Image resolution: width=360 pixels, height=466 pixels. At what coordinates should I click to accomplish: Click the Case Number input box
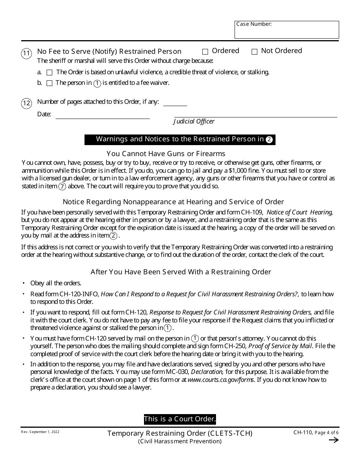pyautogui.click(x=286, y=30)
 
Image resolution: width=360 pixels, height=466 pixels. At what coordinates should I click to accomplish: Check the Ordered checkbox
pyautogui.click(x=205, y=52)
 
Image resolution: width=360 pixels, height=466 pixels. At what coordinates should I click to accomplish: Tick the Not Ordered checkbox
pyautogui.click(x=255, y=52)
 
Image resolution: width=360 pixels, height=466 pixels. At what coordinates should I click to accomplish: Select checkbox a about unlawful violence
pyautogui.click(x=49, y=72)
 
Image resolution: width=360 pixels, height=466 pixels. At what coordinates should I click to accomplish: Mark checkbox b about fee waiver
pyautogui.click(x=49, y=83)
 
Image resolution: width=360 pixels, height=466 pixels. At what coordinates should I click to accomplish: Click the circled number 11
pyautogui.click(x=26, y=54)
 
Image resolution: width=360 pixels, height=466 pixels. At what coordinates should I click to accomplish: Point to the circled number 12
pyautogui.click(x=26, y=103)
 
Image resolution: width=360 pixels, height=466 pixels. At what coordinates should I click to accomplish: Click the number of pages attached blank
pyautogui.click(x=175, y=103)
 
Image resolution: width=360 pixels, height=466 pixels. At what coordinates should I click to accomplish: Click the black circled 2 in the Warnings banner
pyautogui.click(x=269, y=139)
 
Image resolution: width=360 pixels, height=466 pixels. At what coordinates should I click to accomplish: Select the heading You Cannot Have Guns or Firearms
pyautogui.click(x=166, y=153)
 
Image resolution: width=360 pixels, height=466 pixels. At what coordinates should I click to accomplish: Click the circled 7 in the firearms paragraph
pyautogui.click(x=63, y=186)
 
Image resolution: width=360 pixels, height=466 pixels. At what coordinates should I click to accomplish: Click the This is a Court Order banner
pyautogui.click(x=180, y=419)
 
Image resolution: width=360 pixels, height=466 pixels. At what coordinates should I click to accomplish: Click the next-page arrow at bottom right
pyautogui.click(x=333, y=440)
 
